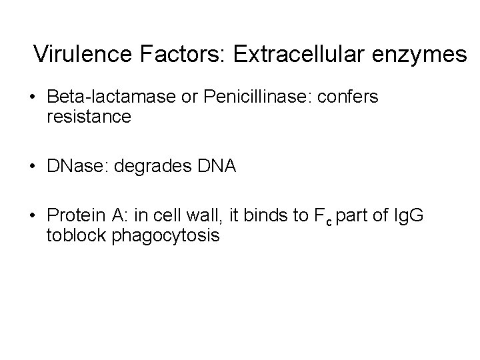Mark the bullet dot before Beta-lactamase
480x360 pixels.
tap(32, 98)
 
